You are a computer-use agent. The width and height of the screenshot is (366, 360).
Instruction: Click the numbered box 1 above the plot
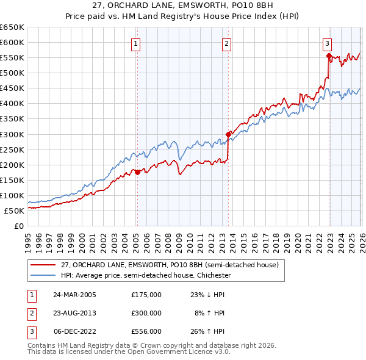[x=135, y=43]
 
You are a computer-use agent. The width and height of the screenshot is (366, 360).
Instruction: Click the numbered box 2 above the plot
[x=226, y=43]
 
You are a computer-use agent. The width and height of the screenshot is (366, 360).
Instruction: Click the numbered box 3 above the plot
[x=328, y=43]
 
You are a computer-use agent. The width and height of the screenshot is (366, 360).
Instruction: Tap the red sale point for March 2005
[x=137, y=172]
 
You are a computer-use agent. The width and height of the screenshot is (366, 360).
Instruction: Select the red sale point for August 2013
[x=228, y=134]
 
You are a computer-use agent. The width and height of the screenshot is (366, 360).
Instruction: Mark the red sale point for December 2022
[x=329, y=56]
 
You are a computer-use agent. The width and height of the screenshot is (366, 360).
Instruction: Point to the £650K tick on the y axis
[x=12, y=27]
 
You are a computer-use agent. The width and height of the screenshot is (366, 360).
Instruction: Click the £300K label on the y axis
[x=12, y=134]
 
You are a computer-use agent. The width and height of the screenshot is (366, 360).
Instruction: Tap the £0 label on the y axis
[x=20, y=226]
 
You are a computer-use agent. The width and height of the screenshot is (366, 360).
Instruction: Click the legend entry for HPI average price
[x=145, y=275]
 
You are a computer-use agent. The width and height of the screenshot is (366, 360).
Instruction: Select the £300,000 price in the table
[x=146, y=312]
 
